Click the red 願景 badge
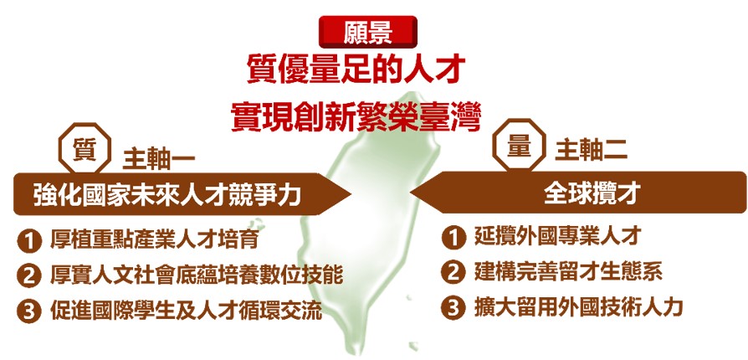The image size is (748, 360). click(368, 32)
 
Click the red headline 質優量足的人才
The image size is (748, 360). click(356, 70)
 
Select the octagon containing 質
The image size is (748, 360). click(85, 148)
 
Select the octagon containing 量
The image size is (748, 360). click(519, 144)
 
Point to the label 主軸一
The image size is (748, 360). click(159, 160)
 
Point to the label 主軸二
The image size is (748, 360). click(591, 152)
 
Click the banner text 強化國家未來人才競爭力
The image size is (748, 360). click(168, 194)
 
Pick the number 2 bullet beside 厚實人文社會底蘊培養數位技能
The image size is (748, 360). click(29, 276)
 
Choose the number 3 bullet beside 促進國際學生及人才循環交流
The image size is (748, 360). click(29, 311)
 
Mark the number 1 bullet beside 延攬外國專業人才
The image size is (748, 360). click(453, 238)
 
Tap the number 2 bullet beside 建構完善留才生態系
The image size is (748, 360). click(453, 273)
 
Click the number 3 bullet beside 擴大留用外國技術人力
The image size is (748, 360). click(453, 308)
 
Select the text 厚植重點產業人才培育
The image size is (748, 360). click(155, 239)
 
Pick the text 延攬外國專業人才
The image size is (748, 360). click(556, 236)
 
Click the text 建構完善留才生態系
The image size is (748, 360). click(568, 271)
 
